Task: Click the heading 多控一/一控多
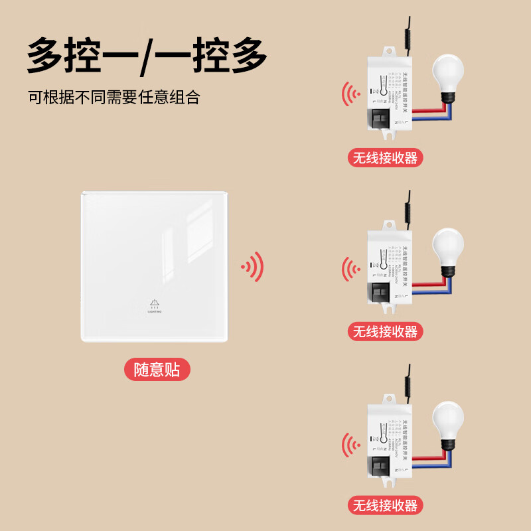tap(147, 55)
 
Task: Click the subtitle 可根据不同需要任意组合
tap(114, 98)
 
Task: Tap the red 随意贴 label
tap(157, 369)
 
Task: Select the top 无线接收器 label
tap(386, 158)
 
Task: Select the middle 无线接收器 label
tap(386, 331)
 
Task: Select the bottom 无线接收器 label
tap(386, 505)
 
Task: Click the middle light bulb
tap(448, 250)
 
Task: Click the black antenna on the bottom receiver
tap(407, 378)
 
